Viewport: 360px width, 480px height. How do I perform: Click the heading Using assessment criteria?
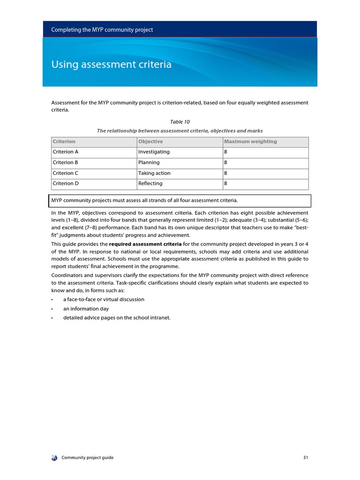click(111, 65)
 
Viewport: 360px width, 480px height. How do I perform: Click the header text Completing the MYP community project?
click(102, 30)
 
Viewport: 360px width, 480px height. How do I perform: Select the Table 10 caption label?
click(180, 122)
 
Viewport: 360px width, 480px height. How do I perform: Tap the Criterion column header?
click(64, 142)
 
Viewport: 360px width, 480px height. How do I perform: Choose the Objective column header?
click(150, 142)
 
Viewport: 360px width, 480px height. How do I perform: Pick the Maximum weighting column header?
click(250, 142)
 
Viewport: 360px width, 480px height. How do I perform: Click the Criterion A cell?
click(66, 152)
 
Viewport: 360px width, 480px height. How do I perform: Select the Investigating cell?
click(154, 152)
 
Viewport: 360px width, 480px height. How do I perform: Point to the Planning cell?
click(149, 163)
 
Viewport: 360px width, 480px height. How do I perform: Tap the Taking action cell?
click(154, 173)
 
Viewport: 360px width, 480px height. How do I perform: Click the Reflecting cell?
click(150, 184)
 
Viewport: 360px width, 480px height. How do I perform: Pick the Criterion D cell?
click(66, 184)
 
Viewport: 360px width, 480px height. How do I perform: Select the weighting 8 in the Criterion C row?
click(225, 173)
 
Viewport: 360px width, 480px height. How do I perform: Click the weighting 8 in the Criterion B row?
click(225, 163)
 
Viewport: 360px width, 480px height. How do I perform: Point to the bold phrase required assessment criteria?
click(145, 244)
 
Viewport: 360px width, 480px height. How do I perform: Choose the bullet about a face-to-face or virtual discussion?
click(104, 299)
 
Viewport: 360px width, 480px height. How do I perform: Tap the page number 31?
click(306, 457)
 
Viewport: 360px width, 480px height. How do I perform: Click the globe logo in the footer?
click(54, 457)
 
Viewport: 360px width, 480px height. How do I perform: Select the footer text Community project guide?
click(87, 457)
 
